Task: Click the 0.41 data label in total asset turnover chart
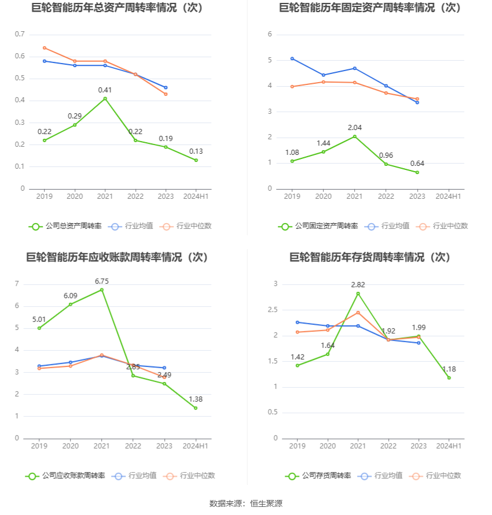coord(105,90)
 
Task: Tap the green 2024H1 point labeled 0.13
coord(196,160)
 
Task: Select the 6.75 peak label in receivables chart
coord(102,281)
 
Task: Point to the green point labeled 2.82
coord(358,294)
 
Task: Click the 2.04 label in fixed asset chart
coord(355,127)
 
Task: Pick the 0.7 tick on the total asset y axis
coord(20,35)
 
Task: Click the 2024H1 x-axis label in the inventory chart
coord(449,446)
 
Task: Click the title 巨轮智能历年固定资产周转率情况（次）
coord(370,8)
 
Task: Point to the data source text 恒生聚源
coord(266,503)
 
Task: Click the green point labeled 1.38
coord(196,408)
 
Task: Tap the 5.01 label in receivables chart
coord(39,319)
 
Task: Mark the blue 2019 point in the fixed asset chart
coord(292,58)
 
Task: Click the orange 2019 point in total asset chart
coord(45,48)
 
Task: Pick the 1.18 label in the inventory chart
coord(449,369)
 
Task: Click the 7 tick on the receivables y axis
coord(17,284)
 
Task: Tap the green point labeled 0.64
coord(417,172)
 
